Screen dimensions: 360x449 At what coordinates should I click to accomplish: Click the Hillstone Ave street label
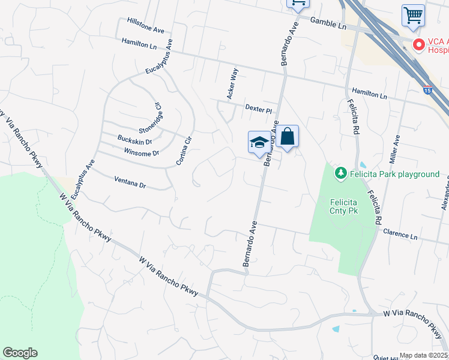[145, 25]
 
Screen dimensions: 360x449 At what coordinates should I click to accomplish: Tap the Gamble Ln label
[329, 23]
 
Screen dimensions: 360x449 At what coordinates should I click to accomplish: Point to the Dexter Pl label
[259, 109]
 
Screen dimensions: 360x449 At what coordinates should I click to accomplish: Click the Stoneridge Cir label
[151, 118]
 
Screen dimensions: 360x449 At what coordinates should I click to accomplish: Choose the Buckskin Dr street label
[134, 140]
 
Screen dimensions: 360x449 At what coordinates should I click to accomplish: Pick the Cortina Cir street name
[184, 151]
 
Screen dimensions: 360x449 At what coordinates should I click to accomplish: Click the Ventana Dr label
[130, 182]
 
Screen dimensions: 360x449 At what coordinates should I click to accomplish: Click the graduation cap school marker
[259, 142]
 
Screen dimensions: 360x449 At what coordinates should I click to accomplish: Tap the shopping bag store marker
[288, 136]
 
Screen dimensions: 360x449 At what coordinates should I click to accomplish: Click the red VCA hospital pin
[418, 44]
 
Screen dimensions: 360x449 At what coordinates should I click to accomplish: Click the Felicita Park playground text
[396, 174]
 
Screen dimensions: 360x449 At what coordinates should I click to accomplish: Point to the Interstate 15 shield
[427, 90]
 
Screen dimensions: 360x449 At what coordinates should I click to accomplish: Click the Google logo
[20, 353]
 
